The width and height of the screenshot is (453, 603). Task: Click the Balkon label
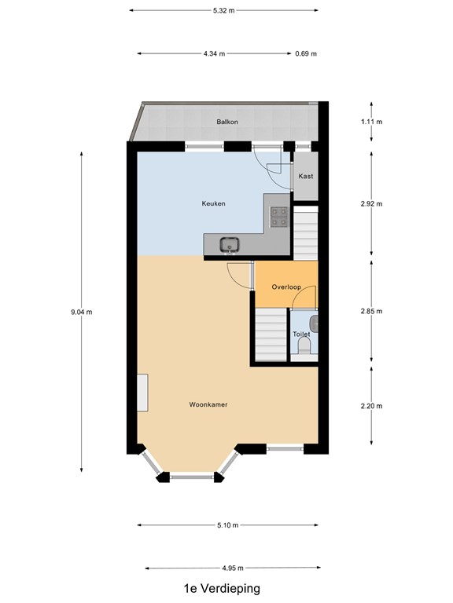click(227, 122)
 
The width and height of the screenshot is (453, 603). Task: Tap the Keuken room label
click(214, 204)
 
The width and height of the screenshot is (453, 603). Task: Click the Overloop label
click(286, 287)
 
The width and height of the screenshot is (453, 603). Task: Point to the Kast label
click(306, 177)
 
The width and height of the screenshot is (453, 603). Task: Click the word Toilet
click(301, 334)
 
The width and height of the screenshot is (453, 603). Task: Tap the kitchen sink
click(230, 244)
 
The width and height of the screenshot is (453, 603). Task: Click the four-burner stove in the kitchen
click(278, 216)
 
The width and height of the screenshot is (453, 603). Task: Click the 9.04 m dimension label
click(82, 312)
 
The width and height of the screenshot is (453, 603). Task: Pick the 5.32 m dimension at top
click(223, 10)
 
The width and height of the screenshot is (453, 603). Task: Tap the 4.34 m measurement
click(214, 54)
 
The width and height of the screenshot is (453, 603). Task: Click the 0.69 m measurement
click(306, 54)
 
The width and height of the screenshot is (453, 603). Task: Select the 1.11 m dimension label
click(372, 122)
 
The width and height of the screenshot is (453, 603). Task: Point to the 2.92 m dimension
click(372, 204)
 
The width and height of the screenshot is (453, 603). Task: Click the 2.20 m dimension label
click(372, 406)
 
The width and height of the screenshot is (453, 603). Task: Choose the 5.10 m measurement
click(228, 525)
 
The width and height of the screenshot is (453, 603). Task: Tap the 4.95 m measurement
click(234, 568)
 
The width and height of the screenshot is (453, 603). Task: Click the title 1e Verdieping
click(222, 588)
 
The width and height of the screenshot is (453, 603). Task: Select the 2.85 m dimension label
click(372, 311)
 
